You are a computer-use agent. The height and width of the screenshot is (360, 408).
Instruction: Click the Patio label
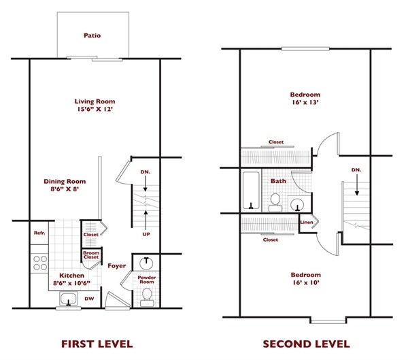coord(92,35)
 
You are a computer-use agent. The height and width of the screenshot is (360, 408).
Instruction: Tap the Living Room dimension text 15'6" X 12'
coord(95,109)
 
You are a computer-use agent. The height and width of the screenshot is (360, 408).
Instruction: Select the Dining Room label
coord(65,181)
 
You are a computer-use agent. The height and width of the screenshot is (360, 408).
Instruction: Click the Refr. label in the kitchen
coord(39,233)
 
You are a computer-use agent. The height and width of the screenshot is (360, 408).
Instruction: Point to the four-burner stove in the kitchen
coord(40,263)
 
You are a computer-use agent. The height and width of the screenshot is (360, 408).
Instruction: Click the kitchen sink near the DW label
coord(68,299)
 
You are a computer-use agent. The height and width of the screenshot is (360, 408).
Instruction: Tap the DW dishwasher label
coord(89,299)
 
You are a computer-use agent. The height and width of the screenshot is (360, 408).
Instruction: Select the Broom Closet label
coord(91,255)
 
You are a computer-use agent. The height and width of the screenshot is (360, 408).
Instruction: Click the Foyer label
coord(117,265)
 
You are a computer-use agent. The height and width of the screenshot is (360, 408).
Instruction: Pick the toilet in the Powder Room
coord(147,297)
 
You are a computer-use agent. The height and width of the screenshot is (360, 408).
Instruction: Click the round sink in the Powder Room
coord(146,263)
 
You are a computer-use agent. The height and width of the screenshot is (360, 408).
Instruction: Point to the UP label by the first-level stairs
coord(146,234)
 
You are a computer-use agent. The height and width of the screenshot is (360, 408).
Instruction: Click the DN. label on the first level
coord(146,172)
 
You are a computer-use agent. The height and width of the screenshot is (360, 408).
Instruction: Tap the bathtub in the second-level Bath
coord(251,191)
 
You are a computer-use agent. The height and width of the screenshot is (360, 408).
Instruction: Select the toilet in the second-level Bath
coord(275,203)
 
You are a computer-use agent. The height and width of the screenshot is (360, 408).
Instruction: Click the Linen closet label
coord(307,223)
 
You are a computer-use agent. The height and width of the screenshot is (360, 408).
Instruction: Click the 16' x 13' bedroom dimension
coord(305,102)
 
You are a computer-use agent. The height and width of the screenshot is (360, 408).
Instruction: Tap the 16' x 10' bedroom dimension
coord(306,282)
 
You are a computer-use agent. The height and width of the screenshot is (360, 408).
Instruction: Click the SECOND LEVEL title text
coord(306,344)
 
